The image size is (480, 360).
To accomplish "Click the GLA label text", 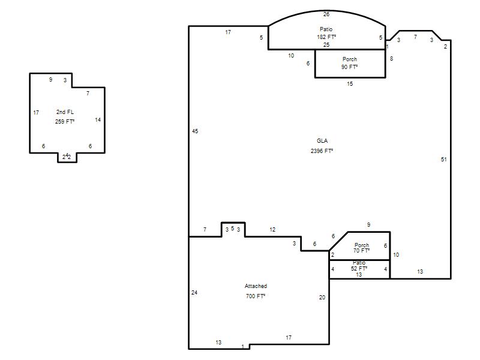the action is point(322,141).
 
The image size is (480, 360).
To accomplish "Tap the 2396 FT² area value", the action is point(322,151).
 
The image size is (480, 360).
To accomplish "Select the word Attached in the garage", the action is point(256,286).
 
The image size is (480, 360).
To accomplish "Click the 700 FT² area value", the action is point(256,296).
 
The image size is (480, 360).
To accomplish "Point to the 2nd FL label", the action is point(65,112).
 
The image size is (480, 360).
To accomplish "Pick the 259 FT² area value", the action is point(65,122).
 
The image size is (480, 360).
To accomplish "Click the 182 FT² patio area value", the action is point(326,37).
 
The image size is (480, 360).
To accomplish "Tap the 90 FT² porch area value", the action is point(350,67).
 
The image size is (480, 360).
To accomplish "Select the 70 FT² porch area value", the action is point(362,251).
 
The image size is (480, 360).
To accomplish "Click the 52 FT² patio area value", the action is point(359,268).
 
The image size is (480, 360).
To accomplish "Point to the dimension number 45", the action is point(195,131).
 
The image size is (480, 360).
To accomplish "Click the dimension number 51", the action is point(443,160).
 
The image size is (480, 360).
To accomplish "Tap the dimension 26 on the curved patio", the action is point(326,14).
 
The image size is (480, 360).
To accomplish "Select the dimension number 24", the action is point(194,293).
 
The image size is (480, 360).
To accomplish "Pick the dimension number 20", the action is point(322,297).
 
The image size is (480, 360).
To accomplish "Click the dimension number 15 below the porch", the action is point(350,84).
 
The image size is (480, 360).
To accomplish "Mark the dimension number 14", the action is point(98,120).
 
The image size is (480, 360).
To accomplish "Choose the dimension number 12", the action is point(272,230).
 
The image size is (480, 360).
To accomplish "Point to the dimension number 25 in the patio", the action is point(326,44).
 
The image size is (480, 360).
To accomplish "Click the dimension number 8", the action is point(392,58).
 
